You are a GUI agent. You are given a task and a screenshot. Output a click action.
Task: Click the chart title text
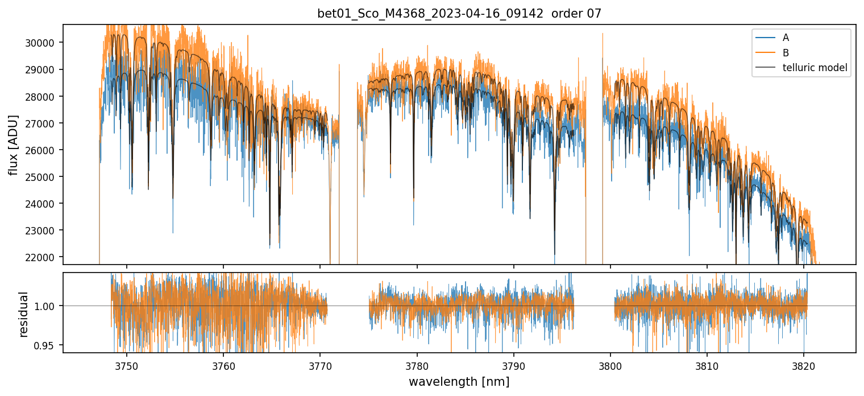point(459,14)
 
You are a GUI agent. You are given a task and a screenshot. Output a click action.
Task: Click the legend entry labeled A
point(786,38)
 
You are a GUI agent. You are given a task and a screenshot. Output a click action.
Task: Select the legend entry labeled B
point(786,53)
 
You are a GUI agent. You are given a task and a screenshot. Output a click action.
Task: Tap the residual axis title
point(24,313)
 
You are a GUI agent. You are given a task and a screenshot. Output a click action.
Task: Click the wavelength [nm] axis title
point(459,382)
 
